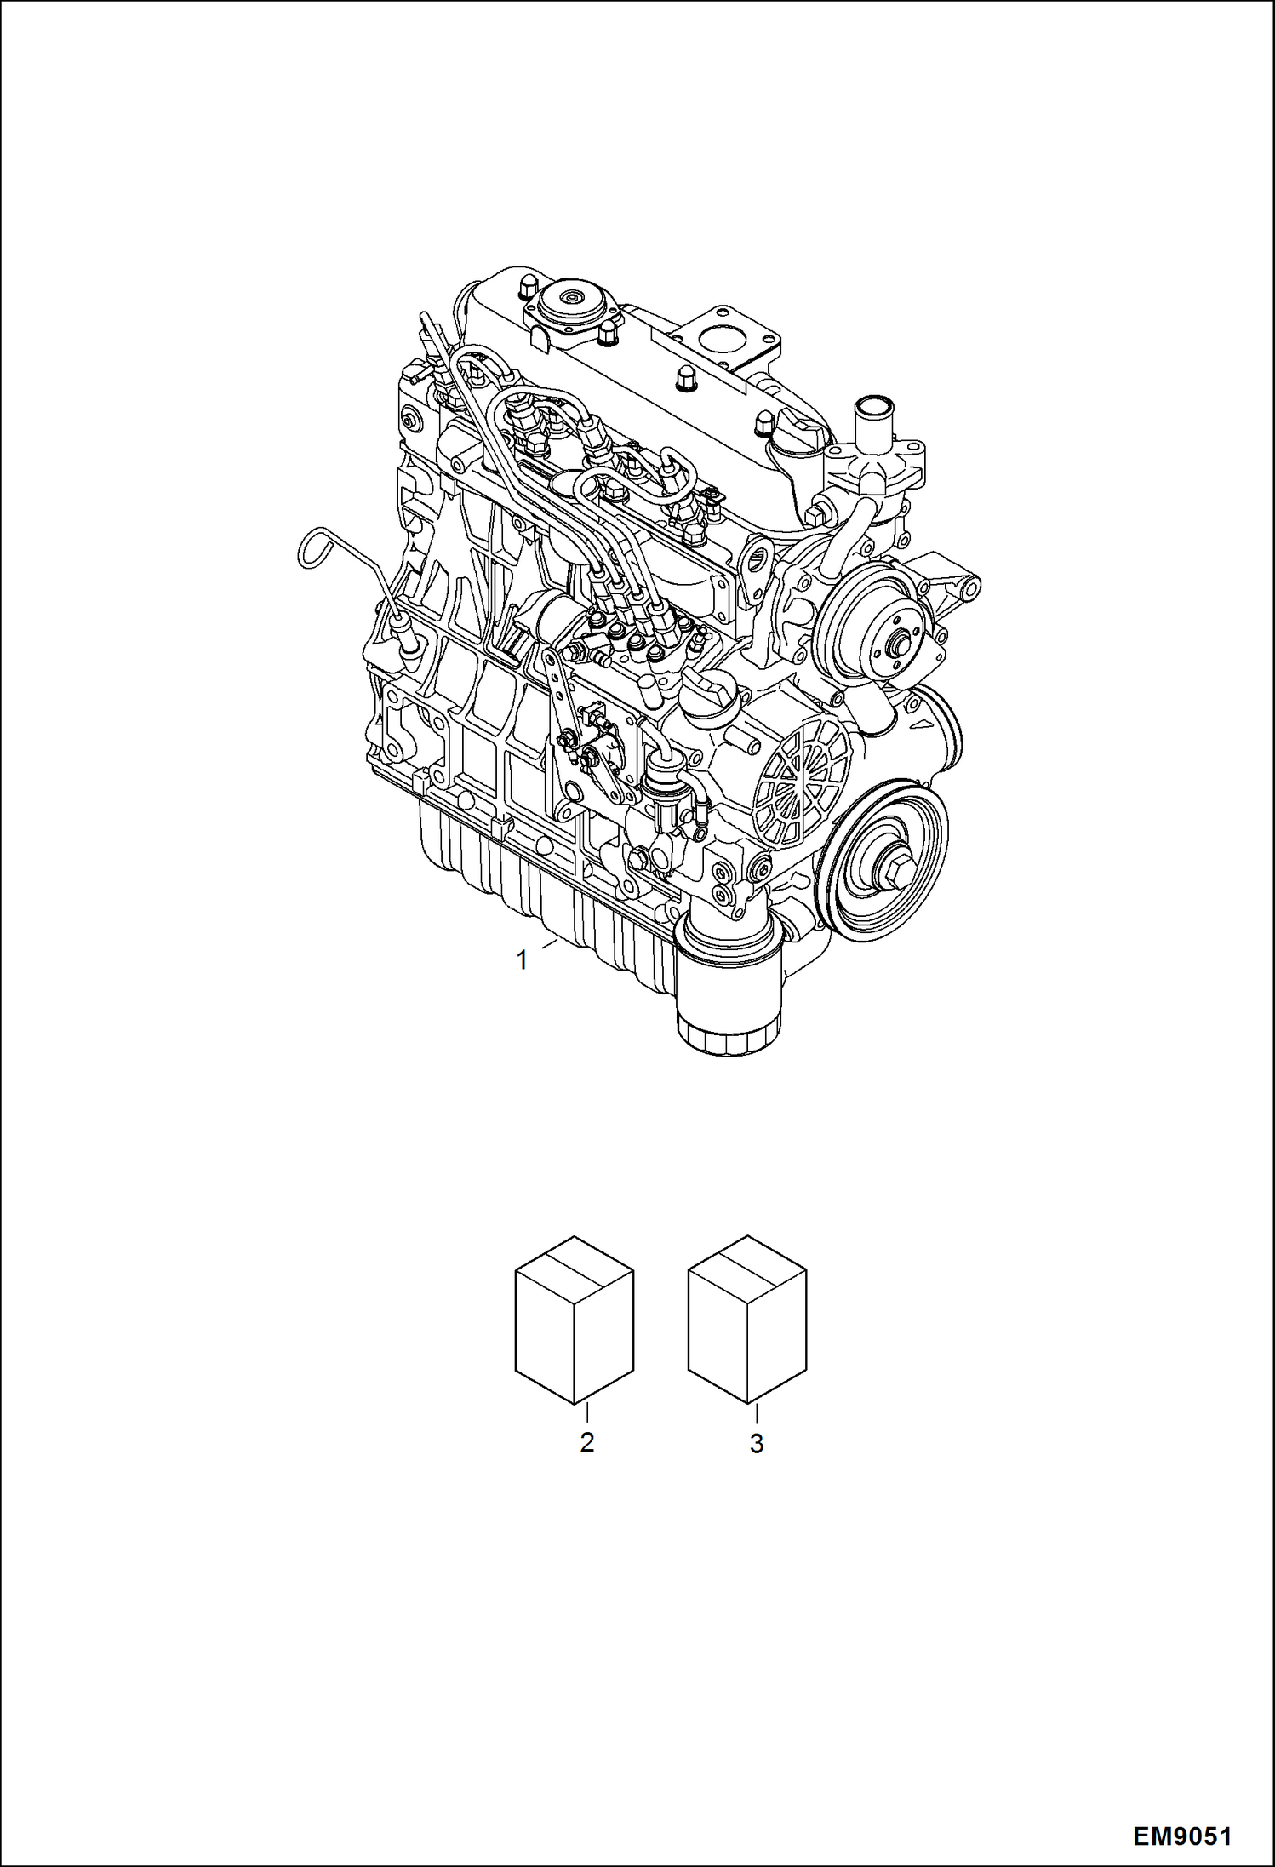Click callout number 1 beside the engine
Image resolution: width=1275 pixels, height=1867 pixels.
pos(522,960)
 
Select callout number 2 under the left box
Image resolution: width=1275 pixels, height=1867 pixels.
pos(586,1443)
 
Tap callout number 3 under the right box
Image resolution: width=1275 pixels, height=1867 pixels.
pos(756,1443)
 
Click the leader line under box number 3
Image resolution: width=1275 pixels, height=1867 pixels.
pos(756,1414)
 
